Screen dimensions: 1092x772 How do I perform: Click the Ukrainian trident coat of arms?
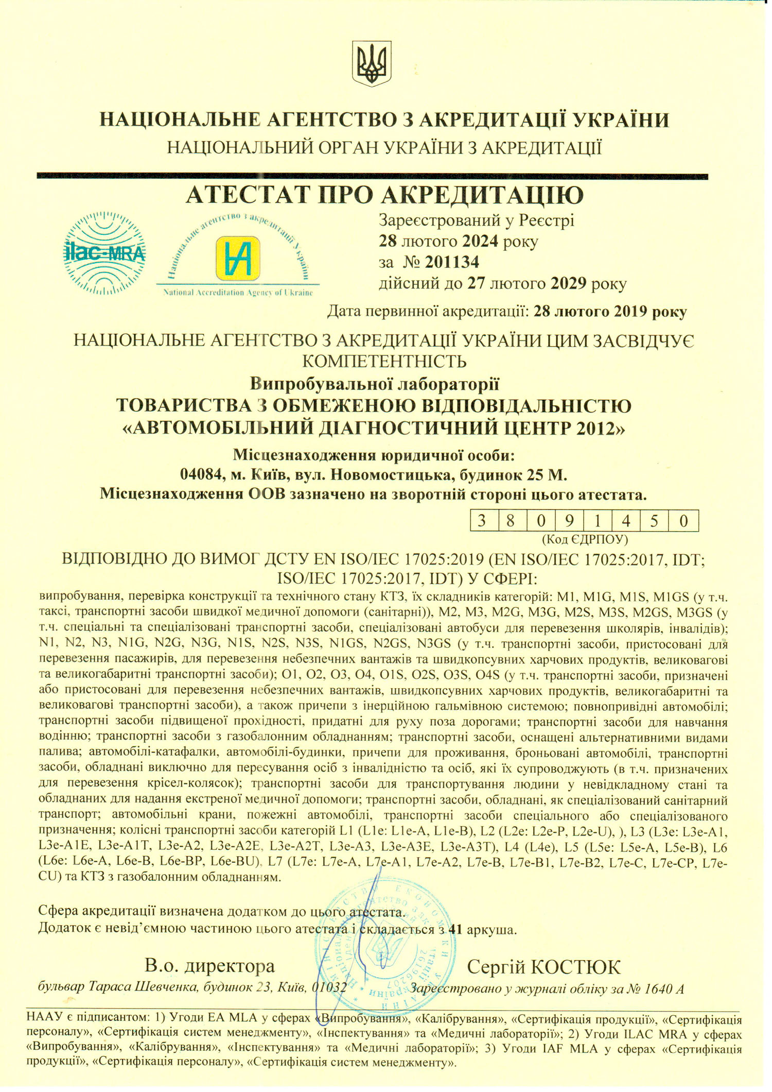coord(371,64)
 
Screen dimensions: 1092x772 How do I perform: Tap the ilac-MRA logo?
coord(104,253)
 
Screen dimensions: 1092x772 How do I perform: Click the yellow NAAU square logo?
coord(238,258)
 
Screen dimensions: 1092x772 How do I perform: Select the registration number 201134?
coord(452,262)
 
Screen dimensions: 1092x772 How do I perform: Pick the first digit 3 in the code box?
coord(482,521)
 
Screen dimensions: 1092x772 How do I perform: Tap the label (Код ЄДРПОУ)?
coord(585,539)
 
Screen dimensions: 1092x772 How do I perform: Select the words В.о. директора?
coord(210,965)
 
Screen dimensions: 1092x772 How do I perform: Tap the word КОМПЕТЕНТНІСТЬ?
coord(384,361)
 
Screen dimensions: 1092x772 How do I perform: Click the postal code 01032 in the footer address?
coord(329,987)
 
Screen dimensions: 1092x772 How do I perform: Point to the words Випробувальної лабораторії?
coord(375,384)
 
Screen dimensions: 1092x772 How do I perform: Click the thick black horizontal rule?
coord(372,176)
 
